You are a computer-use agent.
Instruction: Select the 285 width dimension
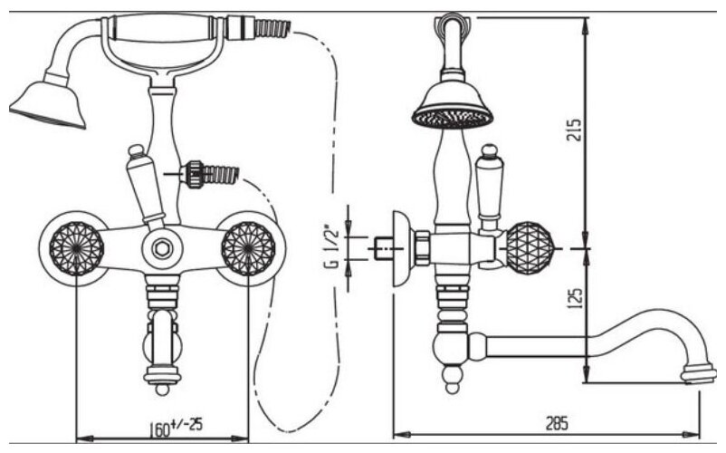point(559,423)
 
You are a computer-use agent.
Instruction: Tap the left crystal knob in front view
point(73,246)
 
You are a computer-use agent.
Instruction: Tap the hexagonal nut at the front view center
point(162,246)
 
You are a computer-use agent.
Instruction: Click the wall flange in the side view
point(399,246)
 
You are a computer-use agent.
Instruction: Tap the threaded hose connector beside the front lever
point(210,172)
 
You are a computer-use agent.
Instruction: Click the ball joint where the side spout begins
point(454,345)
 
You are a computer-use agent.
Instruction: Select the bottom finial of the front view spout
point(162,388)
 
